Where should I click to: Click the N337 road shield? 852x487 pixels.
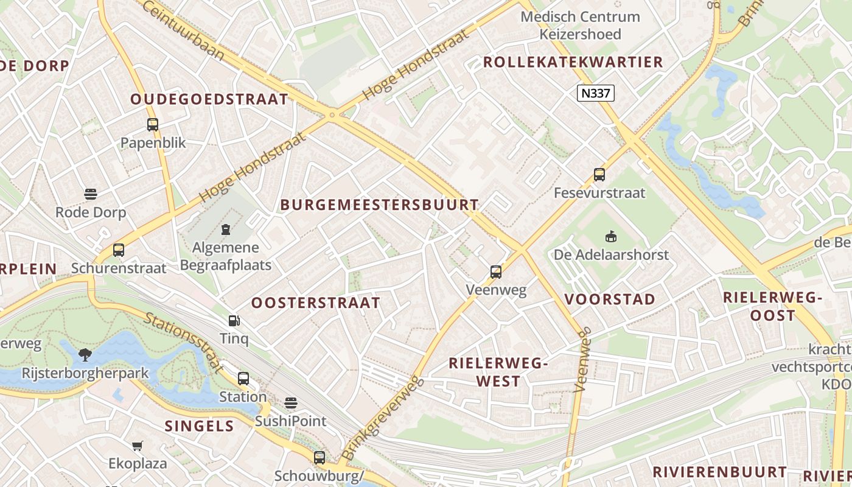point(596,93)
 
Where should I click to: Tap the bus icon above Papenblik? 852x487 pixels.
point(153,125)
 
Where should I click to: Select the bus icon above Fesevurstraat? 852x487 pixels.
point(599,175)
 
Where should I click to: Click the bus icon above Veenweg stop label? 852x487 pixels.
point(496,272)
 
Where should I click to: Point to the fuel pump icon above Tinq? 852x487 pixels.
point(234,320)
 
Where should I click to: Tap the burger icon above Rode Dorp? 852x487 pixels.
point(91,194)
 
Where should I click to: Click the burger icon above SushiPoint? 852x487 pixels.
point(291,403)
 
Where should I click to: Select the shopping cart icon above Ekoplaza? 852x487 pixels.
point(138,446)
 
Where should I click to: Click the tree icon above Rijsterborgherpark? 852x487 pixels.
point(85,354)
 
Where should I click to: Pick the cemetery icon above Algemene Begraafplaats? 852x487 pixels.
point(226,229)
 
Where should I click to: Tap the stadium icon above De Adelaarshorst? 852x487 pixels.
point(611,236)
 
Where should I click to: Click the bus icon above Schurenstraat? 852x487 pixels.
point(119,250)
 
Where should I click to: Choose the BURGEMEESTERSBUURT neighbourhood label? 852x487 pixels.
point(380,205)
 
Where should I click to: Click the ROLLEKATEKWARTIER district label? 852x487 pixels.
point(573,62)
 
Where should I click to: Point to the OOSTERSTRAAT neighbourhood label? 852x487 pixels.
point(316,303)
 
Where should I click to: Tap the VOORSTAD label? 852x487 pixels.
point(610,299)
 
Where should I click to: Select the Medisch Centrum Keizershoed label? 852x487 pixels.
point(580,26)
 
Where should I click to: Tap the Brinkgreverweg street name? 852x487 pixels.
point(382,419)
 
